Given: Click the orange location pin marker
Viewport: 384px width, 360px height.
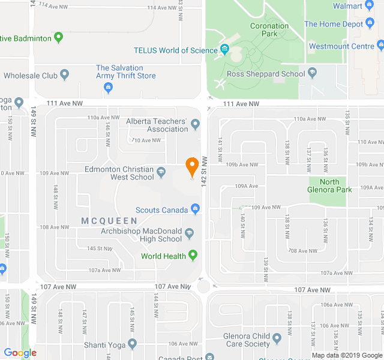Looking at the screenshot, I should [192, 166].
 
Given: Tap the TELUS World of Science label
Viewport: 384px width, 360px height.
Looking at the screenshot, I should [175, 50].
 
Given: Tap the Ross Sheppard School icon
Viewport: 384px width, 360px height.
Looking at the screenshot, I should [312, 74].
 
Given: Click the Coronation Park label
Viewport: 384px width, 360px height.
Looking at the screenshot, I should [269, 30].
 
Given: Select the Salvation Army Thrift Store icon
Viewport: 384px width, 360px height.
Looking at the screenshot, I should [109, 89].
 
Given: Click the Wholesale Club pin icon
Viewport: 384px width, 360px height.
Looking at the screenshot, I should [65, 76].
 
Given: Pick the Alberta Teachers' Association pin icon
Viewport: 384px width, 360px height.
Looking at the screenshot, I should [195, 125].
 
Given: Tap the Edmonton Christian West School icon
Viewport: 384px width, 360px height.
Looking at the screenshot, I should [161, 173].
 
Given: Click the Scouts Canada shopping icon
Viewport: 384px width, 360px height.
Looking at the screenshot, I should [195, 209].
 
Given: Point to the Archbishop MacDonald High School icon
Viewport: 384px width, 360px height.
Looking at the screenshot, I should [190, 233].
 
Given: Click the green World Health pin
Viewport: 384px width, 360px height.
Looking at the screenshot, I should [193, 256].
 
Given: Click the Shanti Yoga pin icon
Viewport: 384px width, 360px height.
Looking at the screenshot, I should [133, 344].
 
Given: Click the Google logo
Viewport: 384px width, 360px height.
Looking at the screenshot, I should [20, 353].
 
